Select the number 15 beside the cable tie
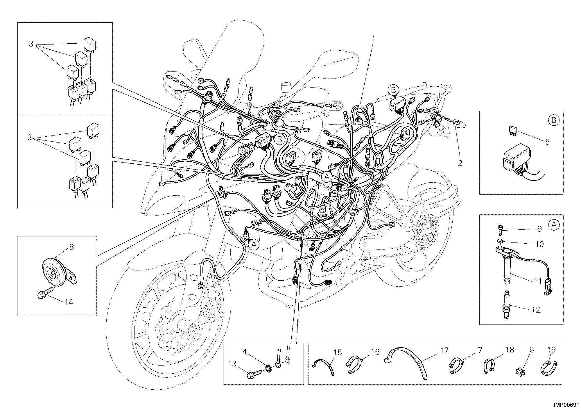[x=338, y=352]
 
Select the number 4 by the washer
[x=245, y=352]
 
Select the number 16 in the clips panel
[x=375, y=352]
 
